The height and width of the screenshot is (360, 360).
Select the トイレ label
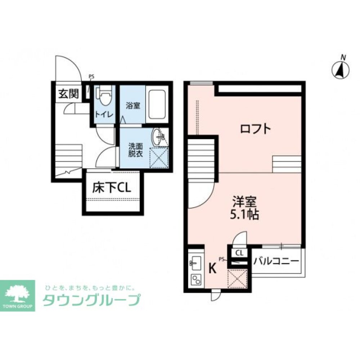104,114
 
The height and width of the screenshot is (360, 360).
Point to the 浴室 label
132,106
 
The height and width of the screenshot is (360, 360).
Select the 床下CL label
111,188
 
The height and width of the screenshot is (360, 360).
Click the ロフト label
255,129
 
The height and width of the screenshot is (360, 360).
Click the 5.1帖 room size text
244,215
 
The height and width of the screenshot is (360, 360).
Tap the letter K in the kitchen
213,268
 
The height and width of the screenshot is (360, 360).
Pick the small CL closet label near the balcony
239,253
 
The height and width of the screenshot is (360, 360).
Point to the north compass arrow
341,69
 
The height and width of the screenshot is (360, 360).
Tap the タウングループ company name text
91,301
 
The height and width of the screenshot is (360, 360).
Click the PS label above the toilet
91,76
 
